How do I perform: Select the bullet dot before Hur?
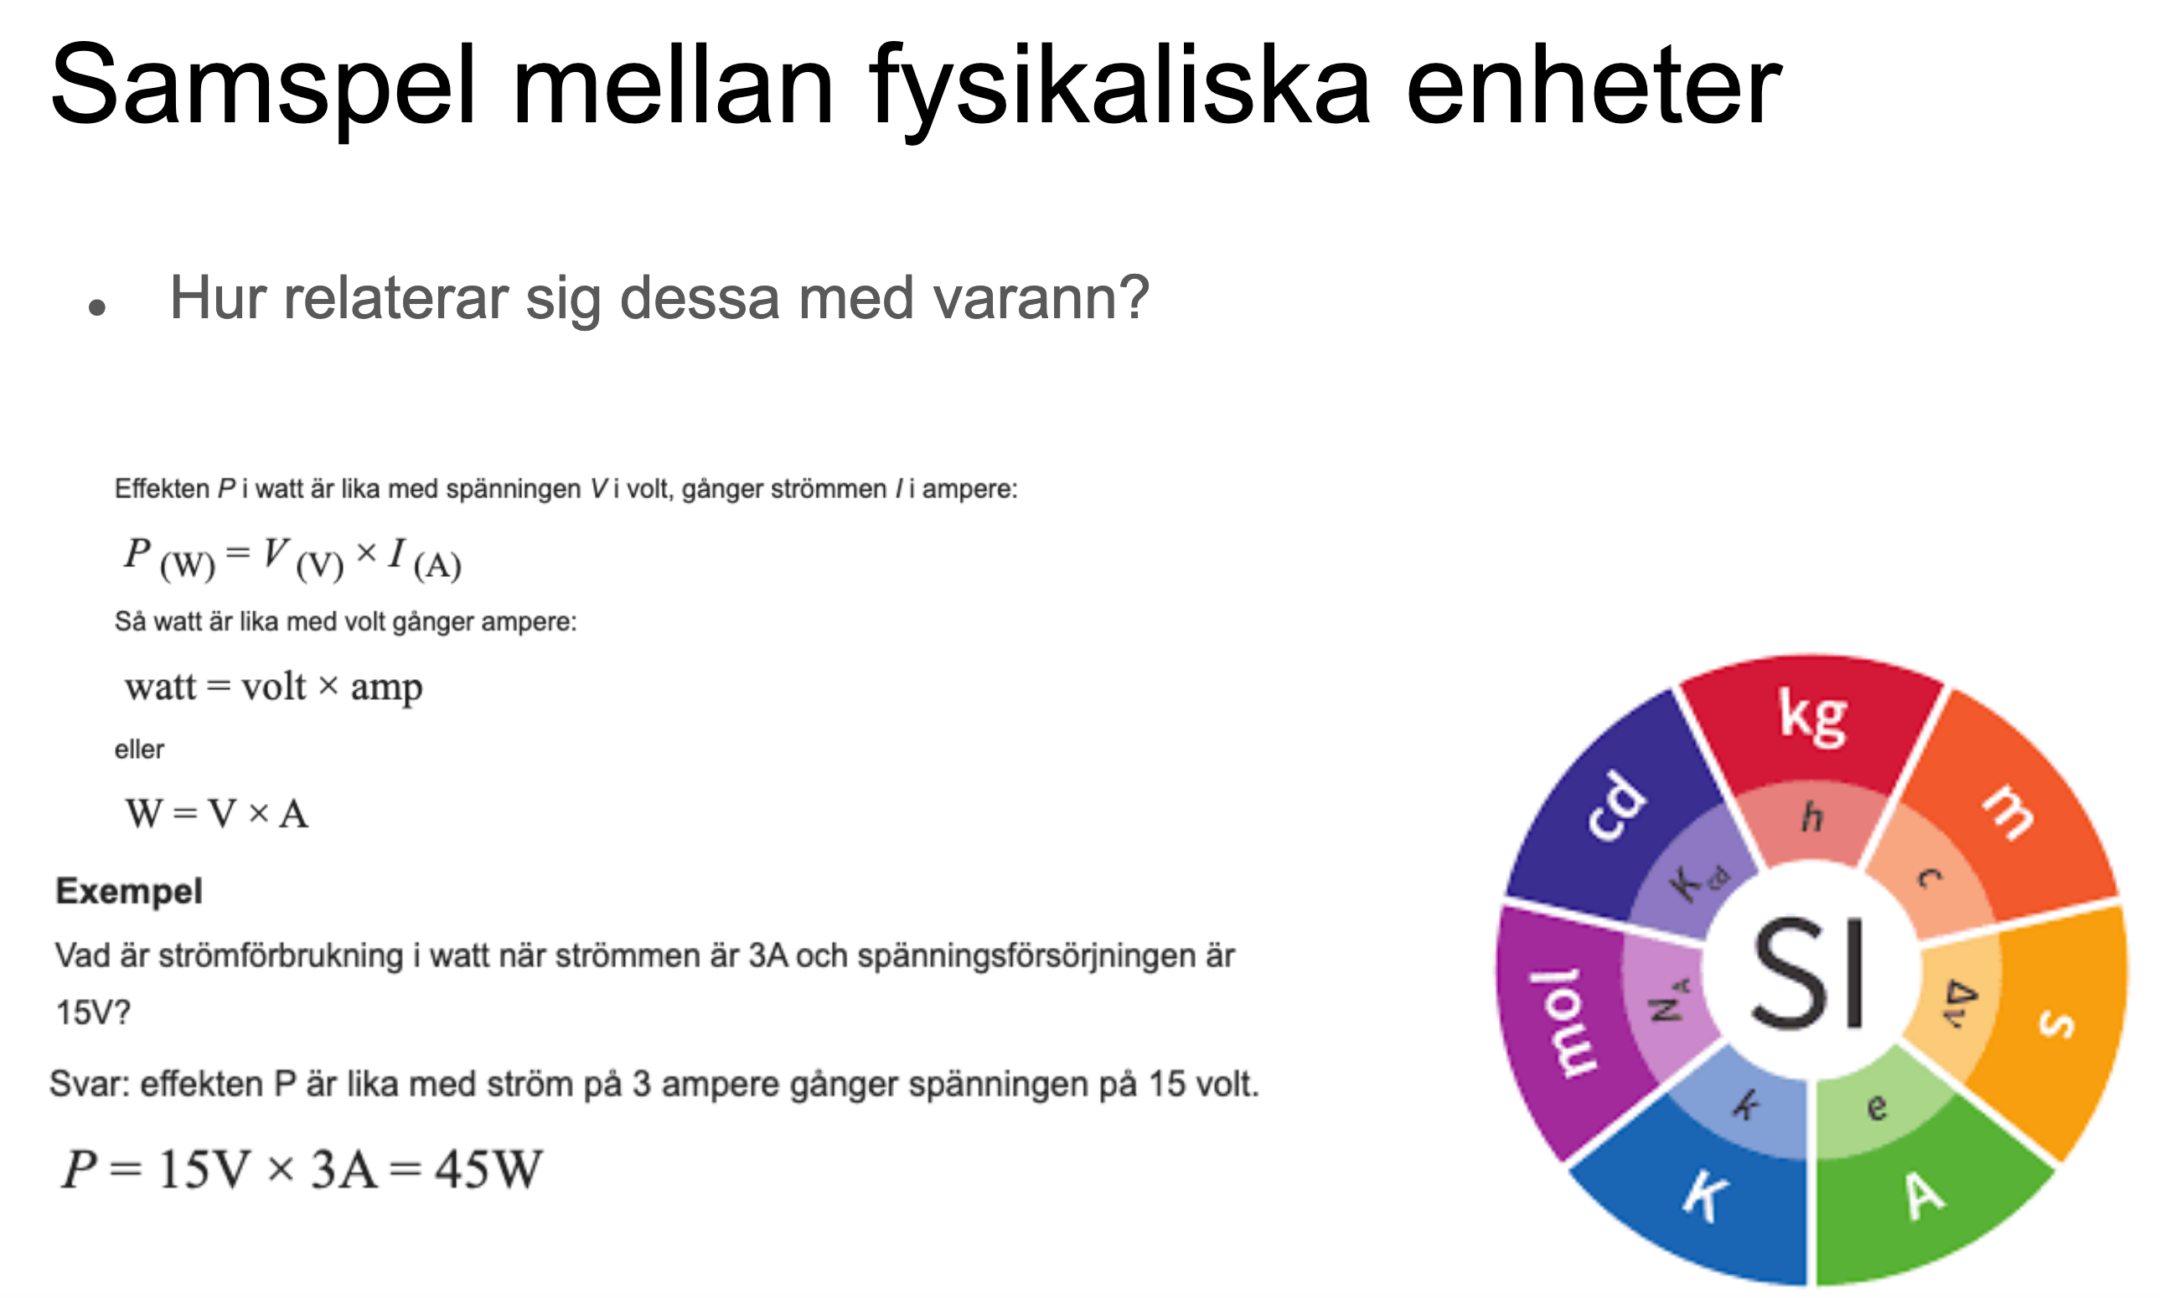pos(97,307)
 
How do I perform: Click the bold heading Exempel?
pos(128,891)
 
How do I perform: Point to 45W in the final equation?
pos(489,1169)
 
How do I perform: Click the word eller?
pos(139,749)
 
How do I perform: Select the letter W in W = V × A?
pos(144,813)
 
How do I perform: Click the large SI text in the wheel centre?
pos(1808,972)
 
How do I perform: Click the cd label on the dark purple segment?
pos(1617,806)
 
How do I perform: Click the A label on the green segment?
pos(1925,1196)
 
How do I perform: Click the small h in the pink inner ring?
pos(1811,817)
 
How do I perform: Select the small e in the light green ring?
pos(1877,1108)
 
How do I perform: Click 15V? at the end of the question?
pos(93,1013)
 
